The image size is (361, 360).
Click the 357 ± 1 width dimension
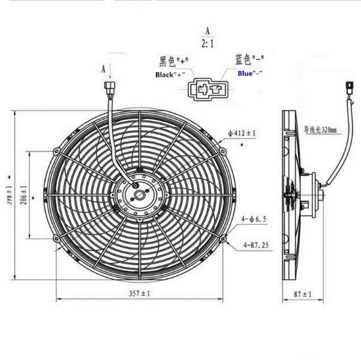[139, 294]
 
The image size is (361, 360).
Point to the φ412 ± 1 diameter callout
[242, 133]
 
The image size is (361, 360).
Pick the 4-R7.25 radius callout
[255, 244]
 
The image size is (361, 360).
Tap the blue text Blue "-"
[250, 73]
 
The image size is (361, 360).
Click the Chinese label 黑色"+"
[174, 62]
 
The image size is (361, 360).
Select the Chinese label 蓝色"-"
[249, 59]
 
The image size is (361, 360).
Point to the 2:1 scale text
[207, 43]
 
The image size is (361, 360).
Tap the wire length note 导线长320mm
[320, 129]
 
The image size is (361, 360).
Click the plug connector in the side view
[348, 92]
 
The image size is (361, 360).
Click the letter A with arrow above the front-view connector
[104, 70]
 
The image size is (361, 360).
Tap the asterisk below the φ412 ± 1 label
[242, 146]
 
